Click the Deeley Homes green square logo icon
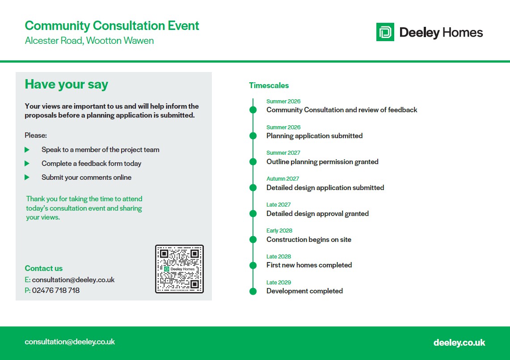pos(385,32)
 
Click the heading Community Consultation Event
pos(112,26)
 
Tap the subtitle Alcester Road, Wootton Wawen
pos(89,41)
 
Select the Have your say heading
pos(66,85)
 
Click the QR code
pos(180,269)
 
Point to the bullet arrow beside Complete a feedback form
pos(27,163)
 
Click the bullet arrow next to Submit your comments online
pos(27,178)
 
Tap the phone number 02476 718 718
pos(55,290)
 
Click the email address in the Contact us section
pos(73,280)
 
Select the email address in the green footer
pos(70,342)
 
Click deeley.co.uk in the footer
pos(459,343)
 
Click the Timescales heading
pos(269,85)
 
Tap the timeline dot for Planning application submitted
pos(253,136)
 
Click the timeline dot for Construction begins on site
pos(253,240)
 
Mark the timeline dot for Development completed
pos(253,291)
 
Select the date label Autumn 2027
pos(282,179)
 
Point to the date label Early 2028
pos(279,230)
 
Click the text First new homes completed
pos(309,265)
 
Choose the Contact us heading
pos(44,268)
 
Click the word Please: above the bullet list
pos(36,135)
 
